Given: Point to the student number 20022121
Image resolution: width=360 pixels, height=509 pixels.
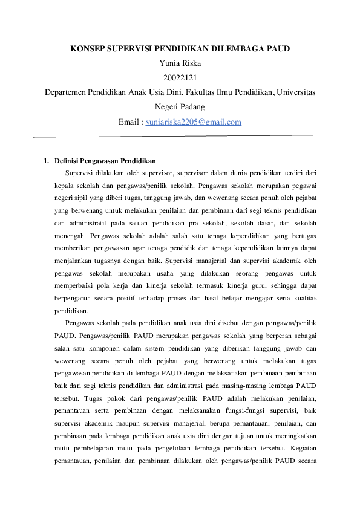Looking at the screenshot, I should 180,77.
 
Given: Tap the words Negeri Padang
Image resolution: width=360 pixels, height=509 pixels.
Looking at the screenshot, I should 180,107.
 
